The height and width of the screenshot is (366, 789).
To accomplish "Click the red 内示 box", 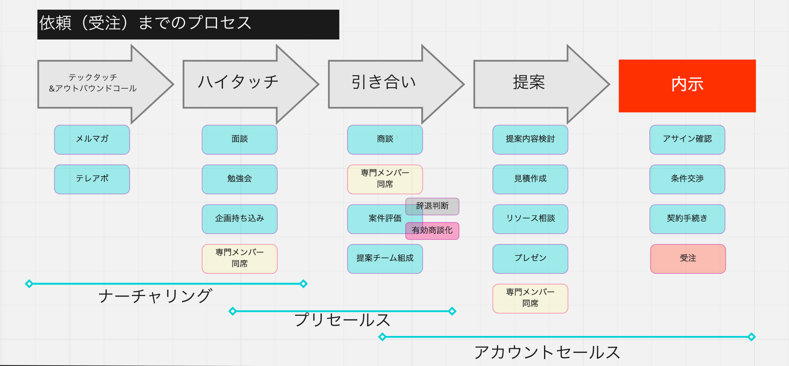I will point(687,86).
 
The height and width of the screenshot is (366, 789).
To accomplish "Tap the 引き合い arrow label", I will point(383,82).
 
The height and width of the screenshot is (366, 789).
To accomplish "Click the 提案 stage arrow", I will point(529,82).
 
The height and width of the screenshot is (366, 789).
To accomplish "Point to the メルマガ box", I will point(92,139).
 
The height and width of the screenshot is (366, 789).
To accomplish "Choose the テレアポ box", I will point(92,179).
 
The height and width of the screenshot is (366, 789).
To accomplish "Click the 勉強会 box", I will point(239,179).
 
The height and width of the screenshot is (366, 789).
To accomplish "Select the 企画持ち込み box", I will point(239,219).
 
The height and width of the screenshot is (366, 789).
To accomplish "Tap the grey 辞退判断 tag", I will point(432,206).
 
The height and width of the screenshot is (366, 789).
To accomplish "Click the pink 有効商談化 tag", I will point(432,231).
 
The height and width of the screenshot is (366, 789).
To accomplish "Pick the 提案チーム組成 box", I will point(385,259).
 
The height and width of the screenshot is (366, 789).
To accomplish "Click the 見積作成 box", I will point(530,179).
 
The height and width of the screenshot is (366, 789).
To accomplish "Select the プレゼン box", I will point(530,259).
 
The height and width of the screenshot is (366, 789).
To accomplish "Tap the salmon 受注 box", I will point(688,259).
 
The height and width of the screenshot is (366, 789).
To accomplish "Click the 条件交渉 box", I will point(687,179).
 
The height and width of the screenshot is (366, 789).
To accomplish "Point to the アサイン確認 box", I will point(687,139).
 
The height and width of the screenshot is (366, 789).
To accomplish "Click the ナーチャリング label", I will point(155,296).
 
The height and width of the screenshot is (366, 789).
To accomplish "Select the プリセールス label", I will point(342,320).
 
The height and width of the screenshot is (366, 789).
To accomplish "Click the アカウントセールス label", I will point(547,352).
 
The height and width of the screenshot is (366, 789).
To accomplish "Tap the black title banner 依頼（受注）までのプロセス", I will point(188,24).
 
